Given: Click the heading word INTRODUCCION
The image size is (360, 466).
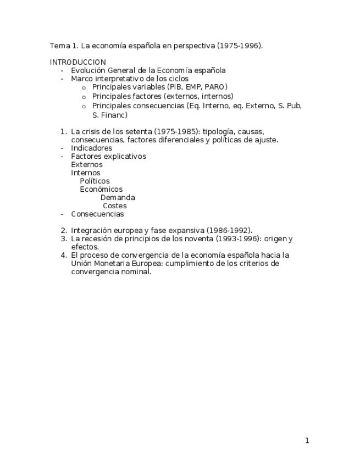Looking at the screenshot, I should coord(77,62).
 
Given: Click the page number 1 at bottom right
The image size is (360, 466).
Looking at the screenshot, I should coord(307,440).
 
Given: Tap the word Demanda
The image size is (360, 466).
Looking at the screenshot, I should coord(118,197).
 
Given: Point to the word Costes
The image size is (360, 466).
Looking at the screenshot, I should coord(115,206).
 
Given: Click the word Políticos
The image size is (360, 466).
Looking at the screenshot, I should coord(95,181).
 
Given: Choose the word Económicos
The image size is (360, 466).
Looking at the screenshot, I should coord(101,189).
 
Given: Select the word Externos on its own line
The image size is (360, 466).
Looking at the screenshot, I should coord(86,164).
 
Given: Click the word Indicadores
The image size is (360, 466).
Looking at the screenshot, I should coord(91,148).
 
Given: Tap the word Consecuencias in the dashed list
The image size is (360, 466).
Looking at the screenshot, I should coord(97,214).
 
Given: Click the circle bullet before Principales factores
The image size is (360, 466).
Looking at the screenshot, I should coord(84,97).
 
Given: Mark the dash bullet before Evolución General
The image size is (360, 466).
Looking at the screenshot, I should coord(62,70).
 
